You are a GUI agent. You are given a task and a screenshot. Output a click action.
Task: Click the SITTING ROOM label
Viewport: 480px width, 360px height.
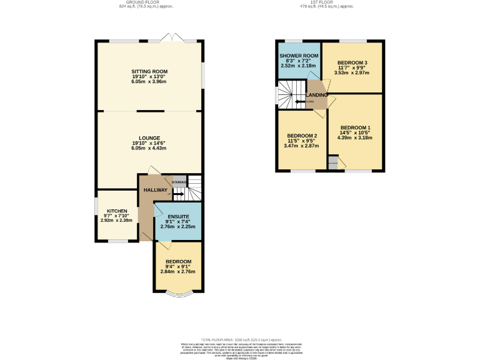coord(149,72)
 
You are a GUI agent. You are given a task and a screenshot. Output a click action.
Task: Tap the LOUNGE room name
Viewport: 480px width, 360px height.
coord(149,137)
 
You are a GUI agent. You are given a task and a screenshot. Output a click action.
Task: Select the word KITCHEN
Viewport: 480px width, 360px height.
coord(117,211)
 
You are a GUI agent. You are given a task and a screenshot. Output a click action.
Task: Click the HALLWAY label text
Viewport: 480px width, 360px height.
coord(156,190)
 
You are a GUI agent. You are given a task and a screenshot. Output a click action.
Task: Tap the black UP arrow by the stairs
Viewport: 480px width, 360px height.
coord(177,194)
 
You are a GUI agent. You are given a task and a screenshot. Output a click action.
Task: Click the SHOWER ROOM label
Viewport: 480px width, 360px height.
coord(299,56)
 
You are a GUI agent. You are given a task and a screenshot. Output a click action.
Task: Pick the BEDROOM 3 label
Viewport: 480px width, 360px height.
coord(352,63)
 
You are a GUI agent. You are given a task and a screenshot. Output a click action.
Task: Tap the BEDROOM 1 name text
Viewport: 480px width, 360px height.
coord(356,127)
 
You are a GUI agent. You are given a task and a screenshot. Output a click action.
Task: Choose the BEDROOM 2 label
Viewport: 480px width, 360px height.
coord(302,136)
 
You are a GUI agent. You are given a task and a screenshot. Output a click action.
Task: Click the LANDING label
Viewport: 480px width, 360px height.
coord(317,95)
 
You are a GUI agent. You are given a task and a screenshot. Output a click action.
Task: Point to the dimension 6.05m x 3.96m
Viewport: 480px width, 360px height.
coord(149,81)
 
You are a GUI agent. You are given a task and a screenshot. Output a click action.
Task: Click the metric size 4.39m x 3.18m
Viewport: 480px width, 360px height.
coord(356,137)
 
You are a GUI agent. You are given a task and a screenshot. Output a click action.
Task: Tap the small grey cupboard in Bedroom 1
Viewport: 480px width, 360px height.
coord(332,164)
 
